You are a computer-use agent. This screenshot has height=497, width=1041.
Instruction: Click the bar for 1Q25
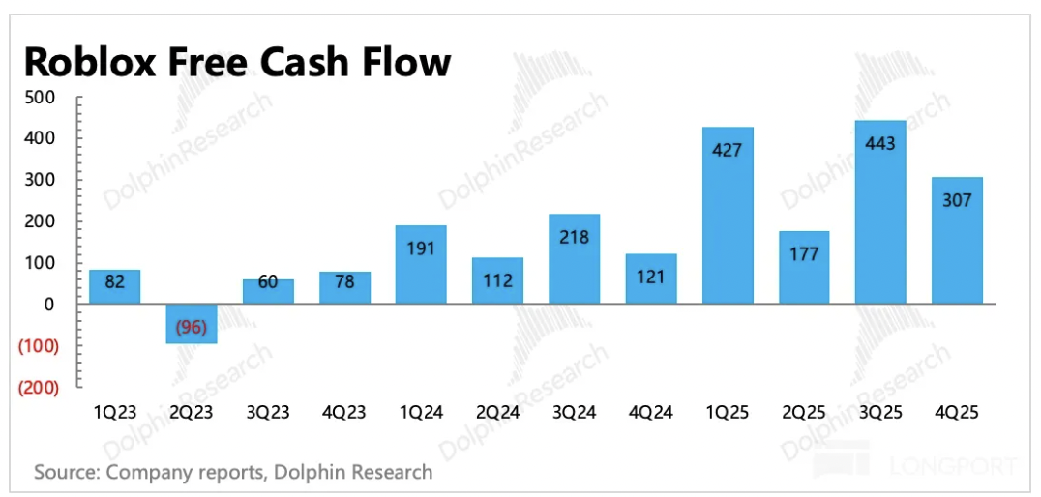[728, 216]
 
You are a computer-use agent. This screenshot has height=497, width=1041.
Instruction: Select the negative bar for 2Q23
[191, 324]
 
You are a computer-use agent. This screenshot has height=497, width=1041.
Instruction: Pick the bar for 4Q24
[651, 278]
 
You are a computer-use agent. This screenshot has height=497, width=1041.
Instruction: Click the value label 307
[957, 200]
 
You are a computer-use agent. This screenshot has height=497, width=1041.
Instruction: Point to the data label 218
[574, 237]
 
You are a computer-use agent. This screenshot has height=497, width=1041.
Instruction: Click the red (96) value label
[191, 327]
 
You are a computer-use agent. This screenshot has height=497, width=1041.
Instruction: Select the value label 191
[421, 248]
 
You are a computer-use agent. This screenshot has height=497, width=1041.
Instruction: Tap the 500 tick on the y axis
[44, 98]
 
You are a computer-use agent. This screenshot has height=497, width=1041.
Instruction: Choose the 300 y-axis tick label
[44, 181]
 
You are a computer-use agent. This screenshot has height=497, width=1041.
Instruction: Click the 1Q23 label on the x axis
[114, 412]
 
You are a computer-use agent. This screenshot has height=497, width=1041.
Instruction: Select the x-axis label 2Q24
[497, 412]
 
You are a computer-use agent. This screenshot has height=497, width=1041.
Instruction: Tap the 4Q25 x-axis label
[957, 412]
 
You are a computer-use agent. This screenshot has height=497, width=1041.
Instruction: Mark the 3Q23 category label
[268, 412]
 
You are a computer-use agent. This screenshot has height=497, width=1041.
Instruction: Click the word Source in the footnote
[66, 472]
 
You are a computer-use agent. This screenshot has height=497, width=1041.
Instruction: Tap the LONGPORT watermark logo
[914, 466]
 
